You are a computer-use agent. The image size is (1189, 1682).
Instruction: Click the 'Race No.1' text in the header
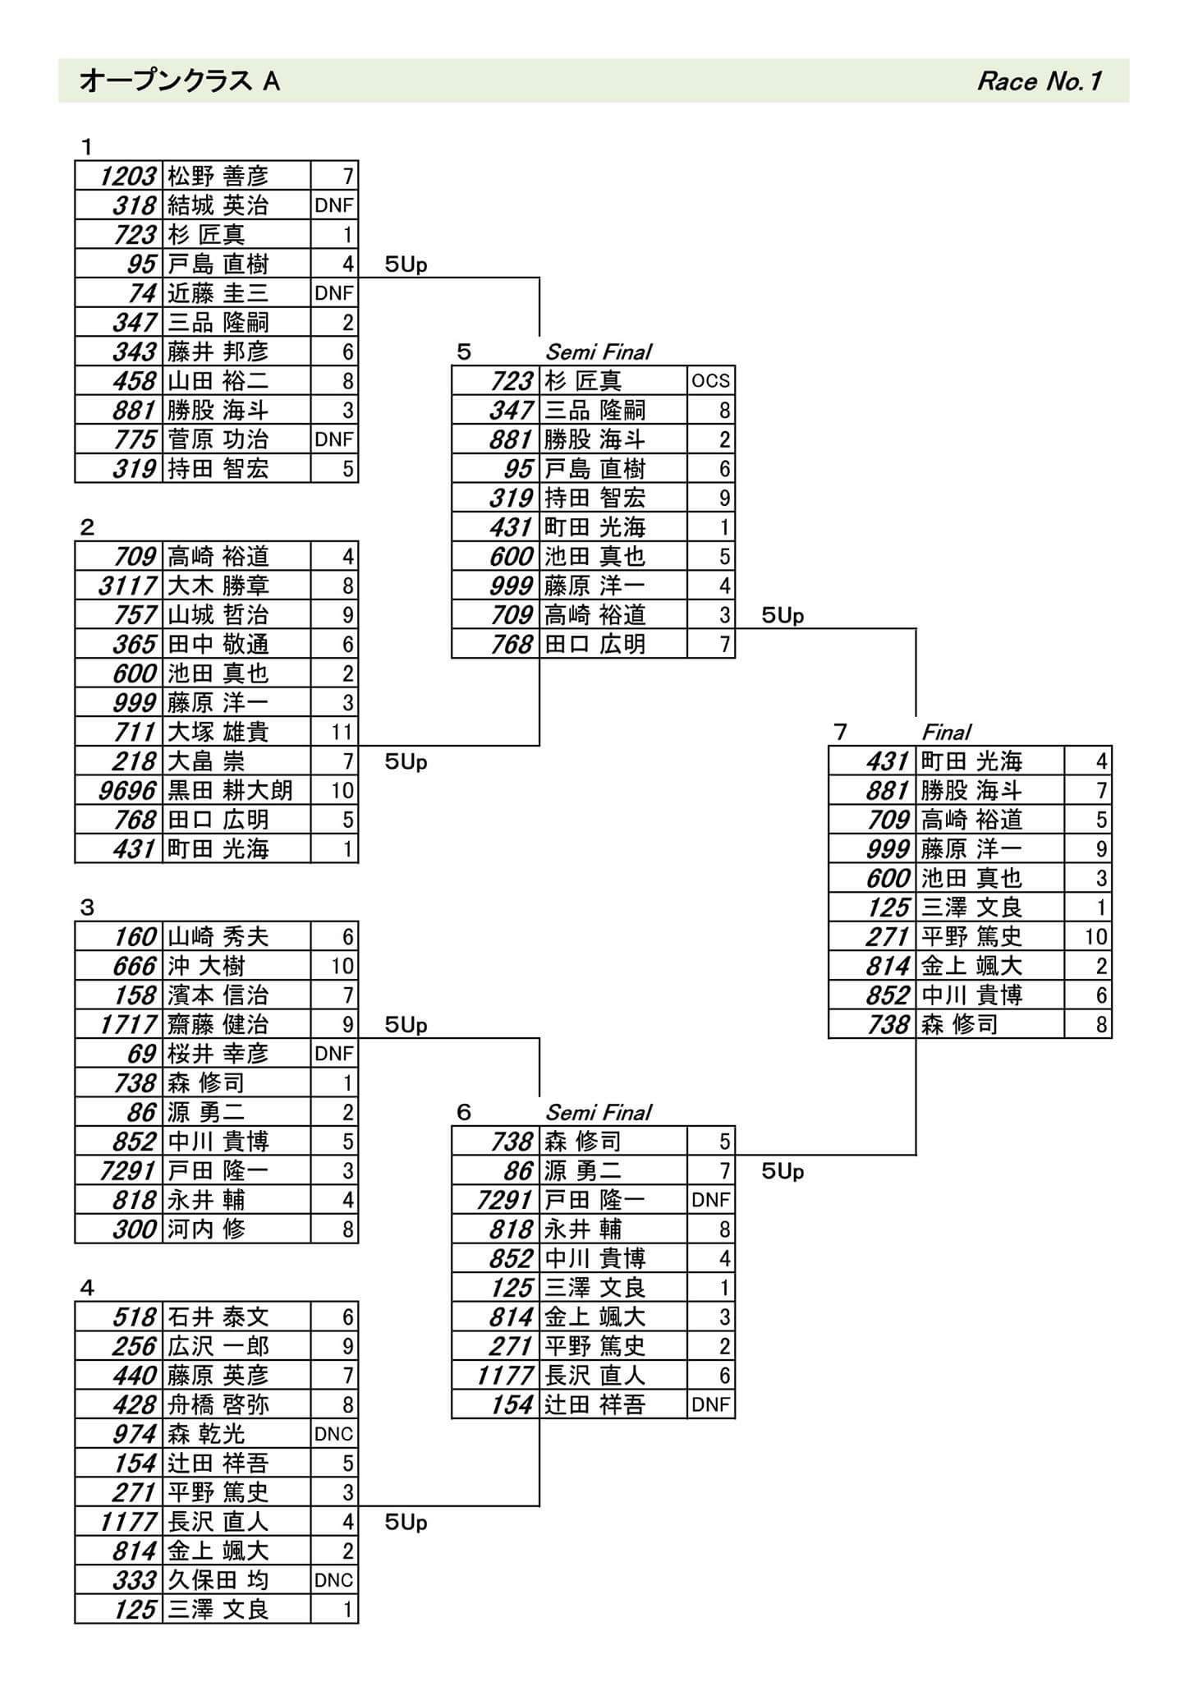click(1039, 81)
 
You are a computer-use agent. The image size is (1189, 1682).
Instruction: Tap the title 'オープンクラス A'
click(180, 81)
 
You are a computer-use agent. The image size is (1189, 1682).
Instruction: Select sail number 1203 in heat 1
click(127, 176)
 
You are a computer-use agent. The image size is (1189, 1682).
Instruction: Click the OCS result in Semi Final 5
click(710, 381)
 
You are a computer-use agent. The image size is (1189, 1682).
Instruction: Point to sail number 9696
click(127, 791)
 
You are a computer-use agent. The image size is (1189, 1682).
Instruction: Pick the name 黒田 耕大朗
click(230, 791)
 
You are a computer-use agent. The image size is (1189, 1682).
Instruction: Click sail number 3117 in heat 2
click(127, 586)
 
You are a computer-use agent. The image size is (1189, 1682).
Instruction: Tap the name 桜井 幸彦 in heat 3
click(218, 1054)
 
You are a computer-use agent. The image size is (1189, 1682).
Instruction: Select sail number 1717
click(128, 1025)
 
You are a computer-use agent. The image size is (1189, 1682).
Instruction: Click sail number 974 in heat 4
click(135, 1434)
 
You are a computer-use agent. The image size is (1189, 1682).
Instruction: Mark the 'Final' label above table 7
click(946, 732)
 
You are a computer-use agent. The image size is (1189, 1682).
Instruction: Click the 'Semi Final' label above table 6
click(598, 1112)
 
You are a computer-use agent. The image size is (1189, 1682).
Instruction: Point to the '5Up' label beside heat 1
click(406, 264)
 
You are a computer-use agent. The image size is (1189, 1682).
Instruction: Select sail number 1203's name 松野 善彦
click(218, 176)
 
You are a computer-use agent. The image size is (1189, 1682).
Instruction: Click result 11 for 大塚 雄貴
click(342, 732)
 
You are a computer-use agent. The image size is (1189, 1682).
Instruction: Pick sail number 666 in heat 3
click(135, 966)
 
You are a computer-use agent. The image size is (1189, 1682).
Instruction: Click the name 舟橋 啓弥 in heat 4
click(218, 1405)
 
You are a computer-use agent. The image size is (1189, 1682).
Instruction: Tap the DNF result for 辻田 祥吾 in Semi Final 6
click(710, 1405)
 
